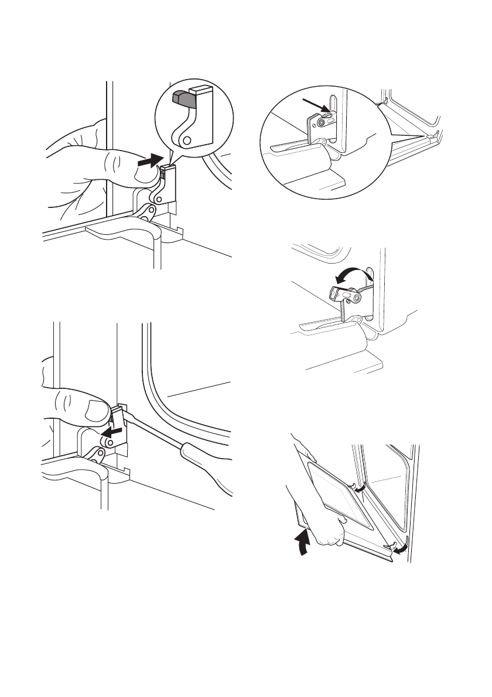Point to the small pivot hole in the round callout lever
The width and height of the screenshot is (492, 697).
[x=186, y=140]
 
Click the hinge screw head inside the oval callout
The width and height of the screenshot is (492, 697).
[x=321, y=123]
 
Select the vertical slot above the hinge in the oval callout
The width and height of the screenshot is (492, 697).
[x=333, y=105]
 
